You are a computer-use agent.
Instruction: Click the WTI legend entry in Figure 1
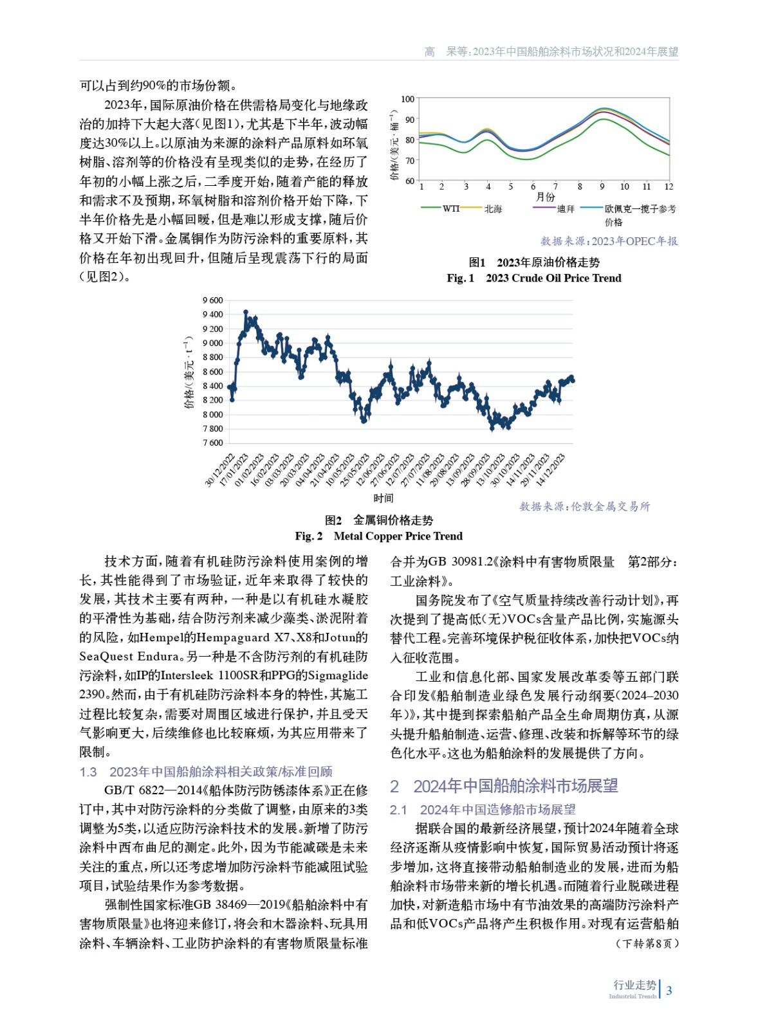click(x=450, y=208)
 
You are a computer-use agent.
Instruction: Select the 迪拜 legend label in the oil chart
click(x=566, y=208)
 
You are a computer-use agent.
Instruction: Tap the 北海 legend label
click(x=493, y=208)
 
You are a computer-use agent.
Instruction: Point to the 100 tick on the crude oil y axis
click(x=407, y=99)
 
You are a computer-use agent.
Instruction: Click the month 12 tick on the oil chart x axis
click(x=669, y=187)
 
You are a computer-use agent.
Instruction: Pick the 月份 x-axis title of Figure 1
click(x=545, y=197)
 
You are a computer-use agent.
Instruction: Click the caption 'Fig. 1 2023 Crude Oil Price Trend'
click(x=534, y=278)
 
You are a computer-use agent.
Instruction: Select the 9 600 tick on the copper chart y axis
click(x=212, y=300)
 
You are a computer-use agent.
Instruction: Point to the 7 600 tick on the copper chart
click(x=212, y=442)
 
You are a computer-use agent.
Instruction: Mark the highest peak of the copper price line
click(x=246, y=313)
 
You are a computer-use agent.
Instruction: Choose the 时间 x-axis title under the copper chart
click(x=383, y=498)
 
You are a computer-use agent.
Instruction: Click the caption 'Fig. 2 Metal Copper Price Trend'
click(x=378, y=536)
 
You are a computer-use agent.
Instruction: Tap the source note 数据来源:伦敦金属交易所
click(x=584, y=506)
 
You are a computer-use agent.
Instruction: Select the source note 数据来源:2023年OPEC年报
click(x=609, y=241)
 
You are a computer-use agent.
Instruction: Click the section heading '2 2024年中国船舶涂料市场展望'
click(x=504, y=785)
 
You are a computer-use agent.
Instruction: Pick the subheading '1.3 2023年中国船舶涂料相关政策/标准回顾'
click(x=206, y=771)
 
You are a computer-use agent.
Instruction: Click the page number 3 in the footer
click(x=669, y=990)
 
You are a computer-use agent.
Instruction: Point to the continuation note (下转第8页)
click(x=647, y=943)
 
